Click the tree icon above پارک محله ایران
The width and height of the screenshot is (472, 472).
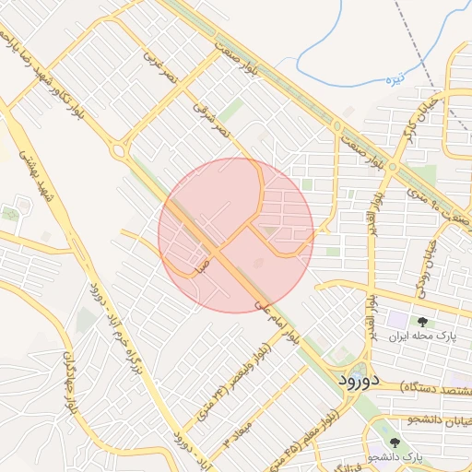[423, 322]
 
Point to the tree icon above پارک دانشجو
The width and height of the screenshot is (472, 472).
[395, 442]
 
